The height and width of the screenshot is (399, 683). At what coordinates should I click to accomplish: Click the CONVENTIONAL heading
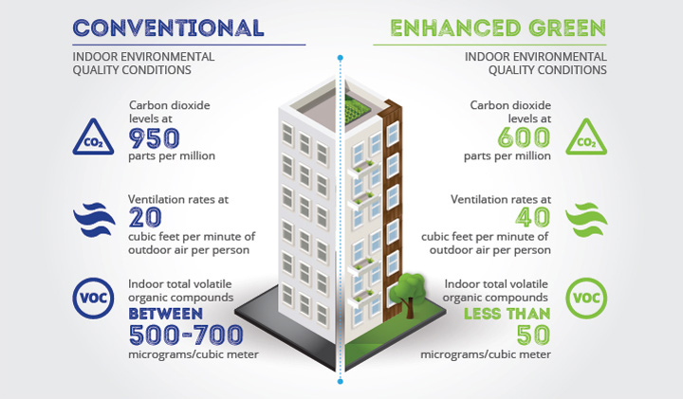(168, 27)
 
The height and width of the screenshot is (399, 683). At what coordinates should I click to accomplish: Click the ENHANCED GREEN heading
(498, 27)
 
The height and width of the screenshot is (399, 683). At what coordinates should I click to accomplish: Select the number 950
(154, 138)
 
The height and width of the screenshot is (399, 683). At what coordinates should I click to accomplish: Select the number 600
(524, 137)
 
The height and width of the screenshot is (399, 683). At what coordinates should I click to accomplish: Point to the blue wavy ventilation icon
(94, 220)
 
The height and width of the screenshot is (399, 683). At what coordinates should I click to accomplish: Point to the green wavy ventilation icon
(586, 220)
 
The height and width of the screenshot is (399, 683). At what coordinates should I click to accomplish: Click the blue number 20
(145, 218)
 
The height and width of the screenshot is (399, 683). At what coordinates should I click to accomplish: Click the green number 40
(533, 218)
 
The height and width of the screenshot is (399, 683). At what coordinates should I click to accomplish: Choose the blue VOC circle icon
(93, 298)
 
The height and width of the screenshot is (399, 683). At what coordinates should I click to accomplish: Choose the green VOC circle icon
(586, 298)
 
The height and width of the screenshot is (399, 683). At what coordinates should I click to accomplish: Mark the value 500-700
(186, 336)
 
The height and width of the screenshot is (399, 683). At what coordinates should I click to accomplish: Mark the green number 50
(533, 336)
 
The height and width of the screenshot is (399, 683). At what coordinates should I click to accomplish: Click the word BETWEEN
(165, 314)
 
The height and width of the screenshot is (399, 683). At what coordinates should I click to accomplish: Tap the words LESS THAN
(507, 314)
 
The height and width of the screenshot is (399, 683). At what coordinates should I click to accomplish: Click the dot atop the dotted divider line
(341, 58)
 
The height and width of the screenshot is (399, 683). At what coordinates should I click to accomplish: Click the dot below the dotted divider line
(341, 382)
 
